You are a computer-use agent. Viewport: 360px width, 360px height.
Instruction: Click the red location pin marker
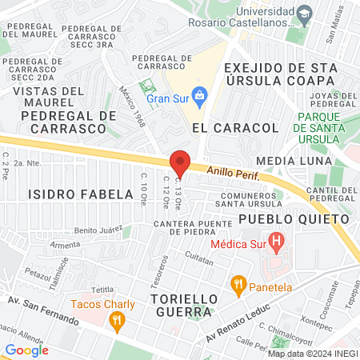click(x=180, y=163)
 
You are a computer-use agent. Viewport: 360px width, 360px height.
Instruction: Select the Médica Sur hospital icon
click(x=277, y=240)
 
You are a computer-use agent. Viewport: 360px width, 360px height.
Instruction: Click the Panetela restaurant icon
click(x=238, y=283)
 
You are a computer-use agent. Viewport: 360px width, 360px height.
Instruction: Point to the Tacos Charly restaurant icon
click(x=117, y=322)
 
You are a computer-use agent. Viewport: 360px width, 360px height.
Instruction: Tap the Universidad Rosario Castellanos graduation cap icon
click(x=305, y=14)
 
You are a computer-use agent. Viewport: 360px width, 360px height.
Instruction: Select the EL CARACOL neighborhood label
click(x=235, y=127)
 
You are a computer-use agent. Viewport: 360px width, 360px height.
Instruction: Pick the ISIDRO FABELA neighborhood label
click(x=80, y=194)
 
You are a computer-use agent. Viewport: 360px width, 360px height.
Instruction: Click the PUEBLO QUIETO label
click(x=294, y=218)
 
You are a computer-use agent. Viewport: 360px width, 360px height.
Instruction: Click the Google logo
click(x=26, y=350)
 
